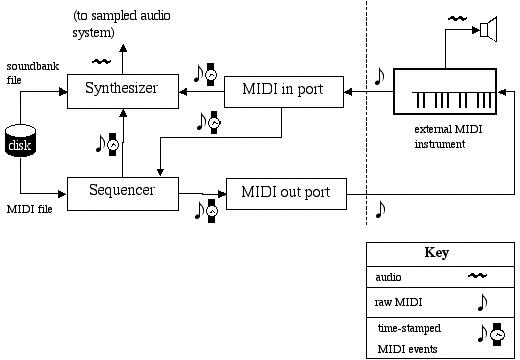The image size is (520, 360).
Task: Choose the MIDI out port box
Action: tap(285, 191)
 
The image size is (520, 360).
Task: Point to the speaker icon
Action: tap(488, 30)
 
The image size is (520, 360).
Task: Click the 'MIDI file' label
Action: tap(28, 208)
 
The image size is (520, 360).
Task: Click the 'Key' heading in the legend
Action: tap(436, 253)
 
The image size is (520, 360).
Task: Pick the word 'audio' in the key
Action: tap(388, 276)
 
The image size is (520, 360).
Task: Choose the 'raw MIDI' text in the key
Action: tap(396, 300)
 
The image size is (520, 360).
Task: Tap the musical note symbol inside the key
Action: tap(481, 301)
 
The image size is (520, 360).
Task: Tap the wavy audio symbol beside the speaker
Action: tap(456, 17)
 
